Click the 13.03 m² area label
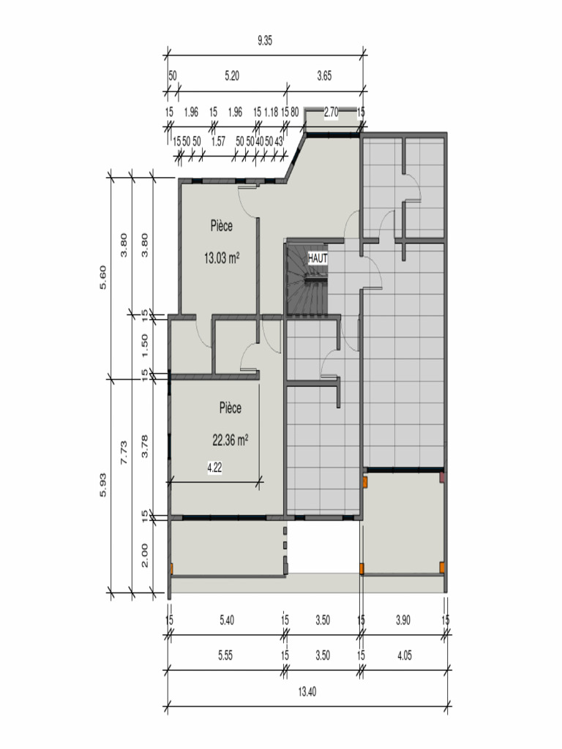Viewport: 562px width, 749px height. tap(222, 258)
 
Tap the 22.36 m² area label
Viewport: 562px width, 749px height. tap(230, 440)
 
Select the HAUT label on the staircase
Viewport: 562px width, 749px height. tap(318, 258)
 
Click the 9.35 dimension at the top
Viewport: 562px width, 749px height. tap(265, 41)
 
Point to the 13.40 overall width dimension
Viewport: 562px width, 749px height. tap(307, 692)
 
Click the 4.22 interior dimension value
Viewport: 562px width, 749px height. tap(214, 467)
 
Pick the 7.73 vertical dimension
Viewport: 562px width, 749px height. tap(124, 452)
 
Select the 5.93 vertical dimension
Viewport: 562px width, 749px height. tap(102, 485)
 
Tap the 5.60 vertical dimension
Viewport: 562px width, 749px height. tap(102, 277)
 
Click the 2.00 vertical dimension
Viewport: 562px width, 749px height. tap(145, 556)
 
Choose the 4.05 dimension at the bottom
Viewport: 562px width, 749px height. tap(404, 655)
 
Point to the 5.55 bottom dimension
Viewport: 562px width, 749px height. tap(225, 655)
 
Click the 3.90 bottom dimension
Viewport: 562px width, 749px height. tap(403, 620)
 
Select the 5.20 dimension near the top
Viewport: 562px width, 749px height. tap(232, 76)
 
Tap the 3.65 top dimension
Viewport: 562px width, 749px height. tap(324, 76)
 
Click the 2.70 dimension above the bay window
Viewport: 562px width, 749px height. tap(331, 112)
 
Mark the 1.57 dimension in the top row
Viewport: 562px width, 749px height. tap(218, 142)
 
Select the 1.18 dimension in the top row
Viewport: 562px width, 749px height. tap(271, 112)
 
